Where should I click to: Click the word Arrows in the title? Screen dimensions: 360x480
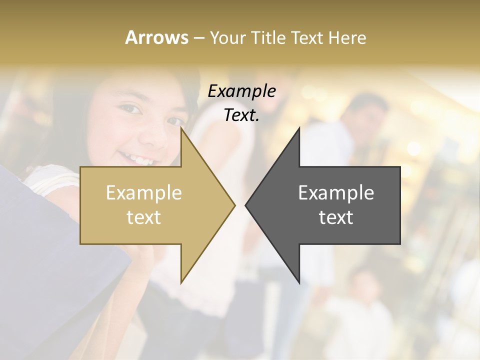[157, 37]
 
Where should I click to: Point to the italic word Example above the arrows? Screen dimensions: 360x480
[241, 91]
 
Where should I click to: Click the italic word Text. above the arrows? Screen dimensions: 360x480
[241, 115]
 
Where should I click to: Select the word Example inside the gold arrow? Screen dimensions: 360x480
[144, 193]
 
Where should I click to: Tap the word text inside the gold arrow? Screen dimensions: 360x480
[144, 217]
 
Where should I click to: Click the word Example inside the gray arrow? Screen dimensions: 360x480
[336, 193]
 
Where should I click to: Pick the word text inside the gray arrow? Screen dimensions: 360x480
[336, 217]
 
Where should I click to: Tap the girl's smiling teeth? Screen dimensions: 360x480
[133, 158]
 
